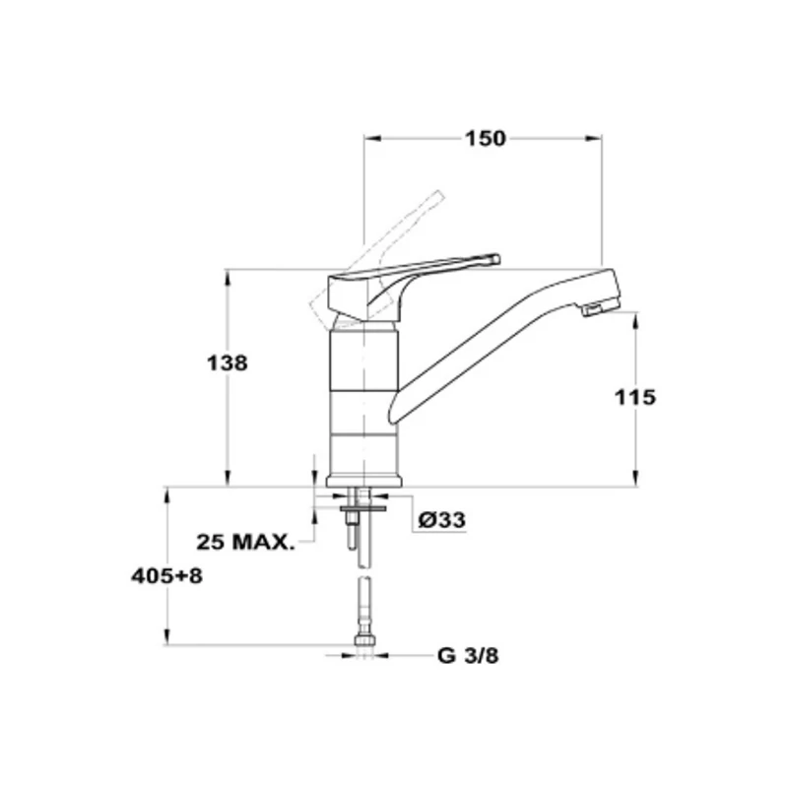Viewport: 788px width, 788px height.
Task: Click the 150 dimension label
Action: tap(485, 139)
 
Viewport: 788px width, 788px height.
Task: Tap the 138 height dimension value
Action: tap(228, 362)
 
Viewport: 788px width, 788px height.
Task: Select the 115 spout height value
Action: tap(635, 397)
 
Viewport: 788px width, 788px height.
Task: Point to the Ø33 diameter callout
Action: tap(441, 520)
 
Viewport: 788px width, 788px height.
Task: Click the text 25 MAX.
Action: tap(244, 542)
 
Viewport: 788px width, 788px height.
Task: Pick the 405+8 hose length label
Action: tap(166, 576)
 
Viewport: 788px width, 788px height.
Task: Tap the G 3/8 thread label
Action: tap(468, 655)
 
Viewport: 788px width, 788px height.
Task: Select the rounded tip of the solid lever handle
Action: tap(496, 259)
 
